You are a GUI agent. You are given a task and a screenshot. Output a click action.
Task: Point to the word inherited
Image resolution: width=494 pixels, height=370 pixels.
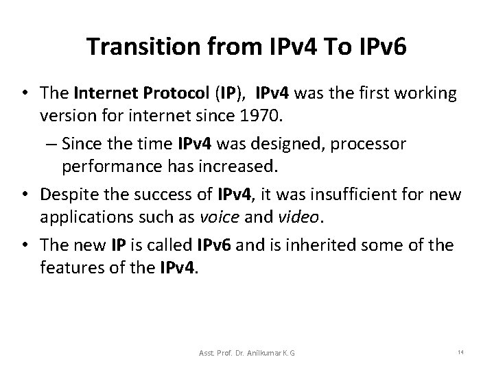328,245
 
